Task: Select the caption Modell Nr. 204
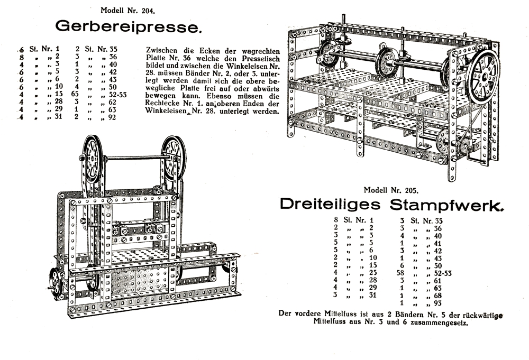128,10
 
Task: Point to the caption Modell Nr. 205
390,189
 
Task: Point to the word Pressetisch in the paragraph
250,58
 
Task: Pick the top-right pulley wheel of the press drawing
174,158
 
